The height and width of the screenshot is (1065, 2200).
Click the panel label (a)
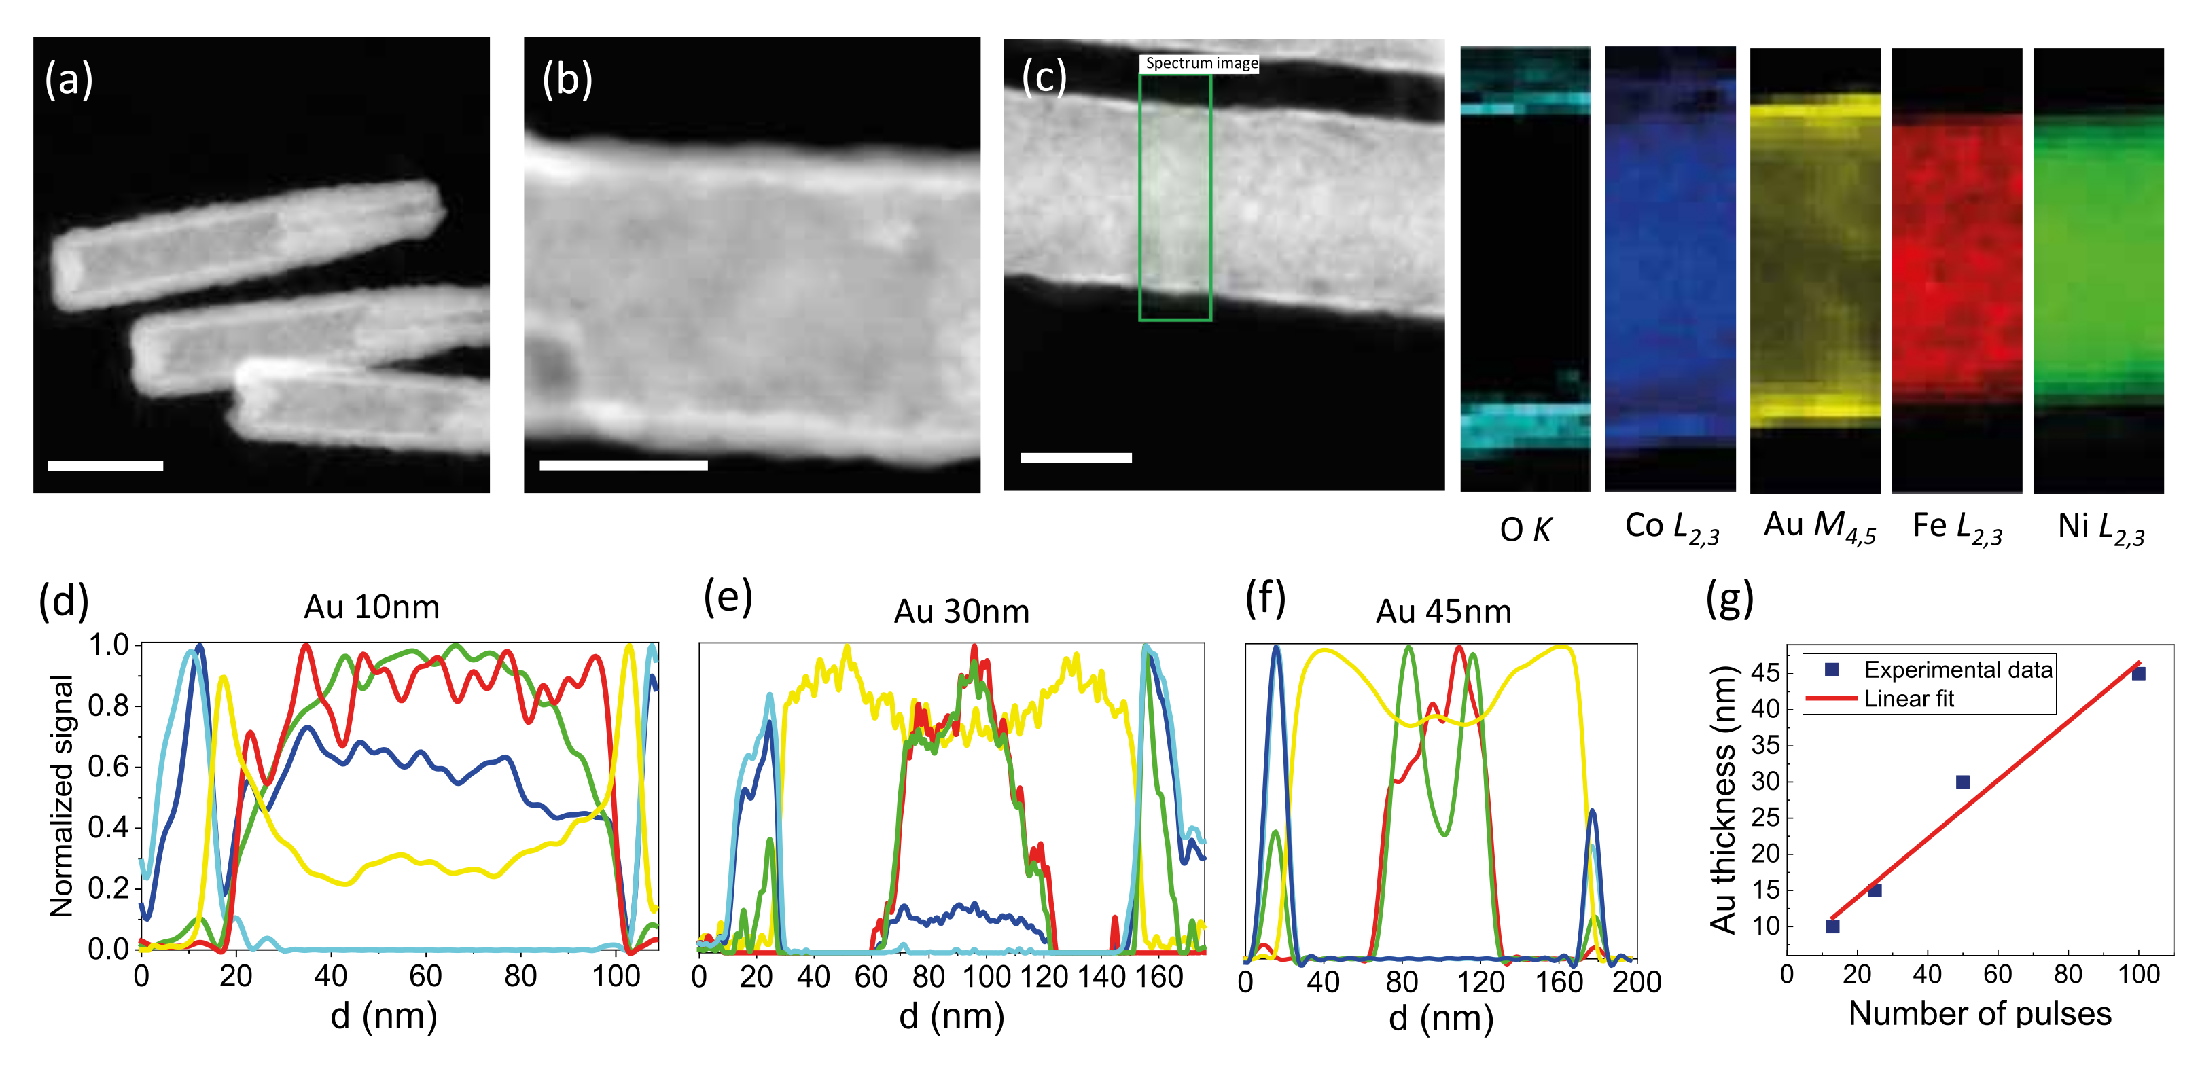pyautogui.click(x=69, y=79)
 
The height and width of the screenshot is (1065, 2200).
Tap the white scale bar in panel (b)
pyautogui.click(x=624, y=465)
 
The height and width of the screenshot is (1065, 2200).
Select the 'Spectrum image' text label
pyautogui.click(x=1201, y=63)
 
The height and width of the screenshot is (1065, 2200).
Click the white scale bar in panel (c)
pyautogui.click(x=1076, y=458)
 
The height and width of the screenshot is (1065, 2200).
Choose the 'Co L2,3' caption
pyautogui.click(x=1671, y=528)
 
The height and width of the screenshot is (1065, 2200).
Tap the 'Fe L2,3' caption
pyautogui.click(x=1957, y=528)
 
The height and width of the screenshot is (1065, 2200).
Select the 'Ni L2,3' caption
pyautogui.click(x=2101, y=528)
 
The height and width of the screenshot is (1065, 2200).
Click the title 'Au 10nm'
pyautogui.click(x=372, y=607)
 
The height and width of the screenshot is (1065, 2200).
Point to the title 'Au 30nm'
pyautogui.click(x=961, y=611)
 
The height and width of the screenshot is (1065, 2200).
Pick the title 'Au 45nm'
pyautogui.click(x=1443, y=611)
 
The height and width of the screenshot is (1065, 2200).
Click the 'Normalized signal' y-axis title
pyautogui.click(x=62, y=796)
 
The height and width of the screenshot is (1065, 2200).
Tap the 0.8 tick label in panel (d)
pyautogui.click(x=109, y=706)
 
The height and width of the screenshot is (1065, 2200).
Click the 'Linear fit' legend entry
pyautogui.click(x=1909, y=699)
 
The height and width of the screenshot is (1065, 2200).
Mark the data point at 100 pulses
pyautogui.click(x=2138, y=673)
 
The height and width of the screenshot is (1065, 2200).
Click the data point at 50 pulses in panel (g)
pyautogui.click(x=1963, y=782)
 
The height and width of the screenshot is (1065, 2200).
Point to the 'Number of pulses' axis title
pyautogui.click(x=1980, y=1014)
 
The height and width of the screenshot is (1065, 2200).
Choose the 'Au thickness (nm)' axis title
pyautogui.click(x=1724, y=799)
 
